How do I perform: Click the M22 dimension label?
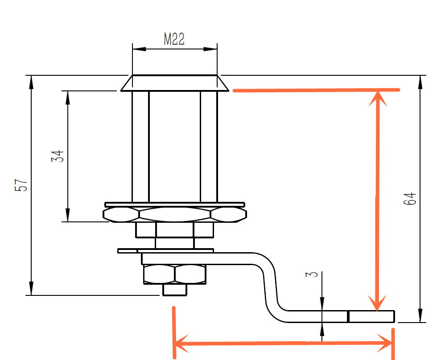[174, 39]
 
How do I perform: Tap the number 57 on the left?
[21, 185]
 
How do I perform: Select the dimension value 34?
[58, 156]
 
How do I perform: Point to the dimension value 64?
[410, 199]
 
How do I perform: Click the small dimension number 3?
[312, 274]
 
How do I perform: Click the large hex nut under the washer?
[175, 215]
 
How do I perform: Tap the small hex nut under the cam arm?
[175, 274]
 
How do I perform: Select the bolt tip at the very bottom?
[175, 290]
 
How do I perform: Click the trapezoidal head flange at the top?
[175, 83]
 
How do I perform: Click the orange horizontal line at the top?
[317, 90]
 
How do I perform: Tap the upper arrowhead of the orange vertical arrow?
[378, 98]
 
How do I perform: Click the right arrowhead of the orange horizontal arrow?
[385, 343]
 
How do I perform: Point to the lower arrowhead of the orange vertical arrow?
[377, 303]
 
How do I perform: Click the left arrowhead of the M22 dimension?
[139, 49]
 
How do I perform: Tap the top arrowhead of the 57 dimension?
[31, 82]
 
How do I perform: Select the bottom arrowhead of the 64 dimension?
[420, 315]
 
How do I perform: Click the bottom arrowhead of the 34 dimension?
[68, 215]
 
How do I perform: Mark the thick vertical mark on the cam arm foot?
[348, 316]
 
